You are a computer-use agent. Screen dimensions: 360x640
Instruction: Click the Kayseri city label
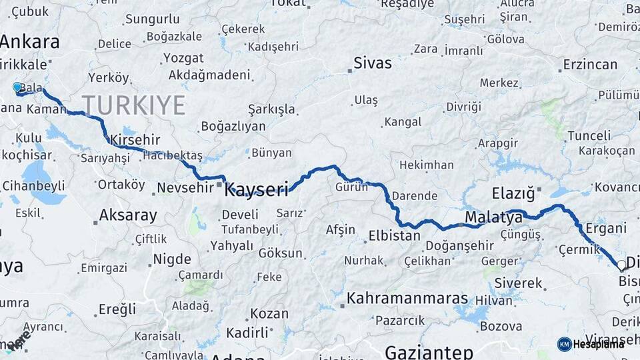(257, 190)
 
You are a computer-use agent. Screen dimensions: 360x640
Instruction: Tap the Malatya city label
(493, 217)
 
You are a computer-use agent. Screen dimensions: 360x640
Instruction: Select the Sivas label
(372, 63)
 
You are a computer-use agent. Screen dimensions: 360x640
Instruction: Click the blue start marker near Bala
(17, 87)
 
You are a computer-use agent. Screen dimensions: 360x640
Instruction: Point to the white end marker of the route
(621, 265)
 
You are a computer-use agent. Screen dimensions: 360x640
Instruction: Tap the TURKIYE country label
(133, 105)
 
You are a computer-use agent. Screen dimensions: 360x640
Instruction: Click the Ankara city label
(29, 41)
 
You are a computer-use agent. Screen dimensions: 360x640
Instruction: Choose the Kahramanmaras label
(407, 298)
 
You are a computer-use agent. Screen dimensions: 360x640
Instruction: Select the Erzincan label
(590, 65)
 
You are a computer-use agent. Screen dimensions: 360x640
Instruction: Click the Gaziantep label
(429, 351)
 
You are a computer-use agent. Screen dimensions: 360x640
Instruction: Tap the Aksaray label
(128, 215)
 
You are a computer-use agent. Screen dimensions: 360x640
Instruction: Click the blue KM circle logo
(564, 344)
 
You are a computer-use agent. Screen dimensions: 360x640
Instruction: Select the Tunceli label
(589, 135)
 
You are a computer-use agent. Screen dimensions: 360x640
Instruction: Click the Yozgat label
(183, 58)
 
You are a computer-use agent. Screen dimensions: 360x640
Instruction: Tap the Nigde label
(171, 259)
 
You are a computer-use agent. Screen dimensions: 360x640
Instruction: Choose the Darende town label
(414, 196)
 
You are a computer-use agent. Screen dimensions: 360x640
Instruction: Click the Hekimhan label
(426, 165)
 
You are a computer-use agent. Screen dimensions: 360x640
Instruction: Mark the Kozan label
(269, 313)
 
